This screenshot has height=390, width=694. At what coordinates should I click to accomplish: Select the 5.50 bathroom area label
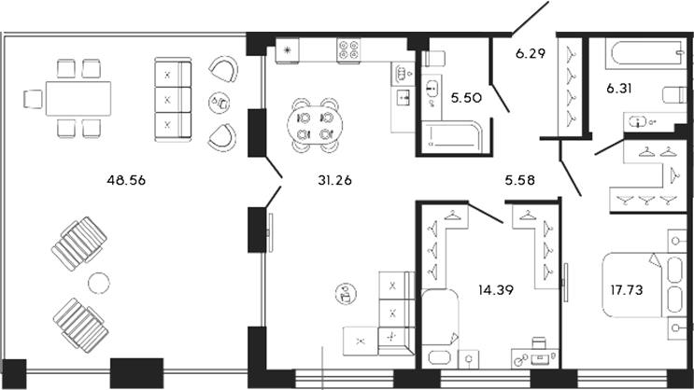point(466,97)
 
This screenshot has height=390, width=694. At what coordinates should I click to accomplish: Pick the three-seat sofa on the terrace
point(172,97)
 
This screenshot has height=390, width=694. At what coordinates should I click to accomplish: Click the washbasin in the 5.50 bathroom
point(433,90)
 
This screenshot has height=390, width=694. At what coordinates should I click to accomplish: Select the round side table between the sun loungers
point(97,282)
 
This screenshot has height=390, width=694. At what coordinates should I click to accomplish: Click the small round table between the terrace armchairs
point(219,102)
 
